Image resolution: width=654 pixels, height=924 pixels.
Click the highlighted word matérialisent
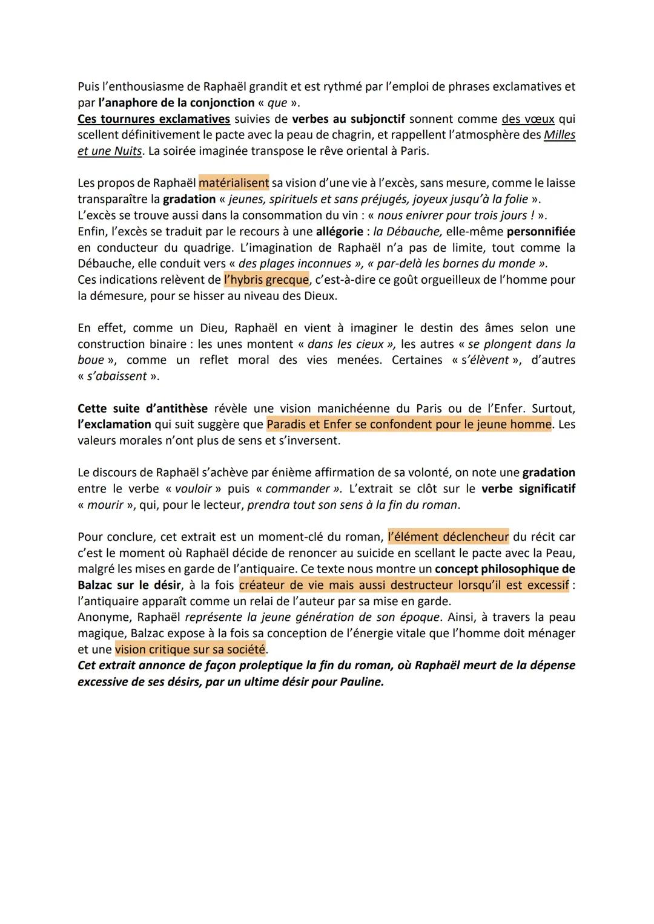point(234,183)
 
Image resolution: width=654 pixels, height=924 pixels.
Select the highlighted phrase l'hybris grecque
point(266,280)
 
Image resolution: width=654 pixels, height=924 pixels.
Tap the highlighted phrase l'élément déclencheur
point(448,537)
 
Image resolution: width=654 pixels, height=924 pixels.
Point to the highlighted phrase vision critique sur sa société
point(190,649)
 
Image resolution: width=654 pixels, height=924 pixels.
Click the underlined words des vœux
point(528,119)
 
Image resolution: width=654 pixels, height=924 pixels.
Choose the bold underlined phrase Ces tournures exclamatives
point(154,119)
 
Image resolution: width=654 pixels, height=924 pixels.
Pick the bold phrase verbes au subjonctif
point(349,119)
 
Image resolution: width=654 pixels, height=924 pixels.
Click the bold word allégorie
point(339,231)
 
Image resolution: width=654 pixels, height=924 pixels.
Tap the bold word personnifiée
point(541,231)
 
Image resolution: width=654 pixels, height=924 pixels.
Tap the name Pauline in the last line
point(361,681)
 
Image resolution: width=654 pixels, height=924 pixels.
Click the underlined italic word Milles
point(560,134)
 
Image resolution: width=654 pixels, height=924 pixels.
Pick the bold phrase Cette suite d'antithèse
point(142,408)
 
